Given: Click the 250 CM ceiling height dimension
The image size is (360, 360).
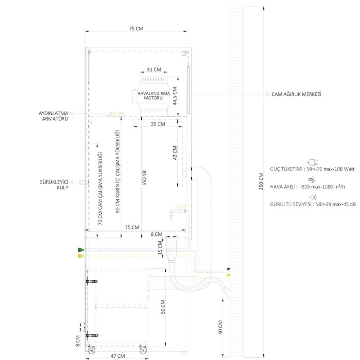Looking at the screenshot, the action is tap(261, 181).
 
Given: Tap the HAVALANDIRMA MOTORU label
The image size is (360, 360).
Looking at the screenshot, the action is tap(153, 95).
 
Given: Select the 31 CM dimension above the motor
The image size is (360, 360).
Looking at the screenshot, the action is tap(154, 69).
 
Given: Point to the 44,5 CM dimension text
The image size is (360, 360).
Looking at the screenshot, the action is tap(175, 96).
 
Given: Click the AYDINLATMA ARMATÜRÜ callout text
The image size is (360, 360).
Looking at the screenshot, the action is tap(54, 116).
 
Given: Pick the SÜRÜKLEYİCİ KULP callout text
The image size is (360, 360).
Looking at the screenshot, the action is tap(54, 184).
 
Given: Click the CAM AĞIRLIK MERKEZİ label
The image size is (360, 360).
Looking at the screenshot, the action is tap(297, 94).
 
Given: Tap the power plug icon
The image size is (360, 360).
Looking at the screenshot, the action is tap(312, 162).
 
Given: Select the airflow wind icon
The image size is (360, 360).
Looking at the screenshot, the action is tap(311, 180).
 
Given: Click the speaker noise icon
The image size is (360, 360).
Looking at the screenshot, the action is tap(313, 197).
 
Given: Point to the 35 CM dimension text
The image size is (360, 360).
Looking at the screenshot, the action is tap(158, 124).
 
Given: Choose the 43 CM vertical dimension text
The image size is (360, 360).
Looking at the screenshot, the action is tap(175, 153).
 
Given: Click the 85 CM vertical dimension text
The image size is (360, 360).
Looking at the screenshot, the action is tap(144, 178).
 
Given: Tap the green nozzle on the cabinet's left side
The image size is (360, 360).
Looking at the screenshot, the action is tap(81, 250).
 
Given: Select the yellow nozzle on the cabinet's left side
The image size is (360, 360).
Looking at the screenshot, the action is tap(81, 256).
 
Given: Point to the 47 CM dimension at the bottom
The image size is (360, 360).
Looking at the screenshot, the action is tap(117, 356).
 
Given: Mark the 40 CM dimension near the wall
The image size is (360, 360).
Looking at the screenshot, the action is tap(220, 327).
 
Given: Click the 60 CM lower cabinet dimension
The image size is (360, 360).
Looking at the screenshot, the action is tap(163, 307).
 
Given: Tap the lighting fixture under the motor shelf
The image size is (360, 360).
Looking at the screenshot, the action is tap(116, 114).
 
